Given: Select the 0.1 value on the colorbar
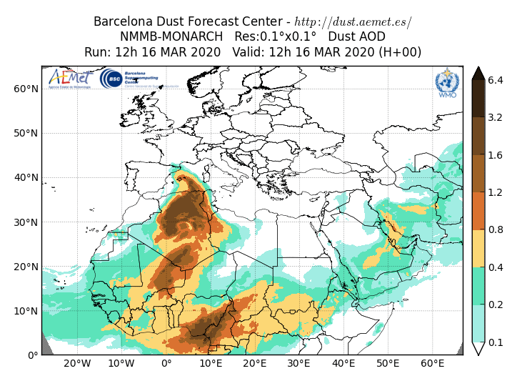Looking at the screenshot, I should pos(496,342).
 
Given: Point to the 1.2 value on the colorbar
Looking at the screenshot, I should pos(496,192).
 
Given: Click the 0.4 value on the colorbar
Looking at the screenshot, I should pos(496,267).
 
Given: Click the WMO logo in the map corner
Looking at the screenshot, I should pos(447,83).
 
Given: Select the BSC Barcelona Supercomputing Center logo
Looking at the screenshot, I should pos(129,79).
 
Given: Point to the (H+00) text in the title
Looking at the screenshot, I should pos(401,52).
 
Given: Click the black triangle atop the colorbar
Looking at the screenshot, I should pos(478,71).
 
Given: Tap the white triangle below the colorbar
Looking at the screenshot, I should pos(478,349).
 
